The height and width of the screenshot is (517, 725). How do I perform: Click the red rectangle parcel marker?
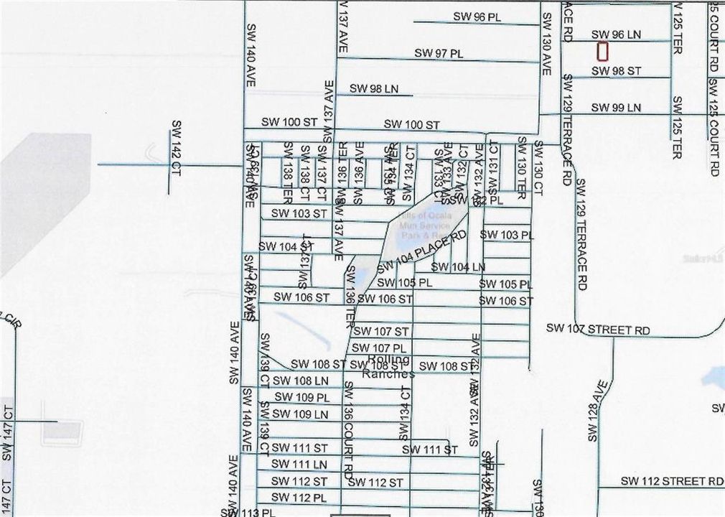coord(602,52)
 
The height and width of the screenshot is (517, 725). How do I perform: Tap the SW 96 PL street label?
coord(477,17)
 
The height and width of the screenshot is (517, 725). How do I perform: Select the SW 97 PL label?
coord(439,54)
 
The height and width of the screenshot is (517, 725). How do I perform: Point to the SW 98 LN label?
coord(373,88)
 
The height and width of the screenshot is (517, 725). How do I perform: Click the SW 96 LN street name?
coord(616,34)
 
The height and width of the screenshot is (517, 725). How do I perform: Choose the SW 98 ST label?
coord(616,71)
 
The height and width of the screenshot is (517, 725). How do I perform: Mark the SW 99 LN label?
coord(616,108)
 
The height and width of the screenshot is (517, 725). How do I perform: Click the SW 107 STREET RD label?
coord(598,329)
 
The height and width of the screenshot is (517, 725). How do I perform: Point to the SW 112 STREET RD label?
coord(672,480)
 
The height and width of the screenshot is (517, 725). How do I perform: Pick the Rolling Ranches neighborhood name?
coord(388,367)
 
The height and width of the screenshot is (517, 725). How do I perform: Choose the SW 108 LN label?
coord(301,380)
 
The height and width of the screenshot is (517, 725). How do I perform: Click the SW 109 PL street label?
coord(301,397)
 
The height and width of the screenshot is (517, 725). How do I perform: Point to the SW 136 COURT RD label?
coord(348,429)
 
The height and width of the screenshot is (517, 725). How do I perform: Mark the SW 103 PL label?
coord(507,235)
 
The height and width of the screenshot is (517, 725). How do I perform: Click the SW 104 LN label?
coord(461,267)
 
